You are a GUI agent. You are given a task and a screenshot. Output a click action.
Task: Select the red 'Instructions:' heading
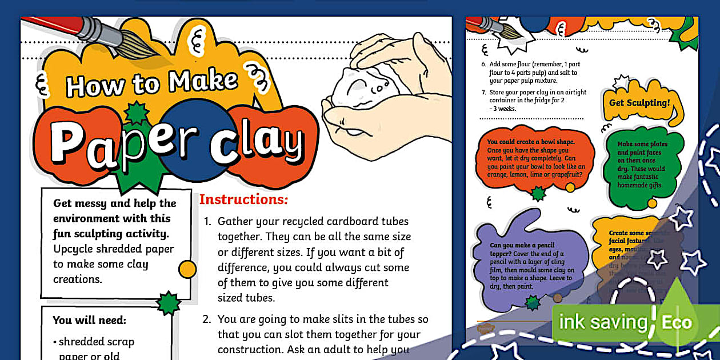243,199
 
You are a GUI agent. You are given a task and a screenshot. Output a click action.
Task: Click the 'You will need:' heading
89,320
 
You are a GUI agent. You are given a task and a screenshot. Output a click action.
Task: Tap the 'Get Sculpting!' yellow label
639,103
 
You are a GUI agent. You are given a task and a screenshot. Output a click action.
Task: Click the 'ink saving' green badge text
602,322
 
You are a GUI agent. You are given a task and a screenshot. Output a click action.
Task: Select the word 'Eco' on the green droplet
677,322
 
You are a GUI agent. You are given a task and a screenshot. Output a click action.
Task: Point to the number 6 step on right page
483,64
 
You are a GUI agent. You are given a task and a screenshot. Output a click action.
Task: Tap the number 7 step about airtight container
483,93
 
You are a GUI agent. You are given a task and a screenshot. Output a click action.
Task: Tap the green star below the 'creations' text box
168,303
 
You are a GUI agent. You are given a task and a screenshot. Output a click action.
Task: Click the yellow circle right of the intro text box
187,268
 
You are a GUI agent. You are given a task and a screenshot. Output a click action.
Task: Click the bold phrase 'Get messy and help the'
114,203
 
